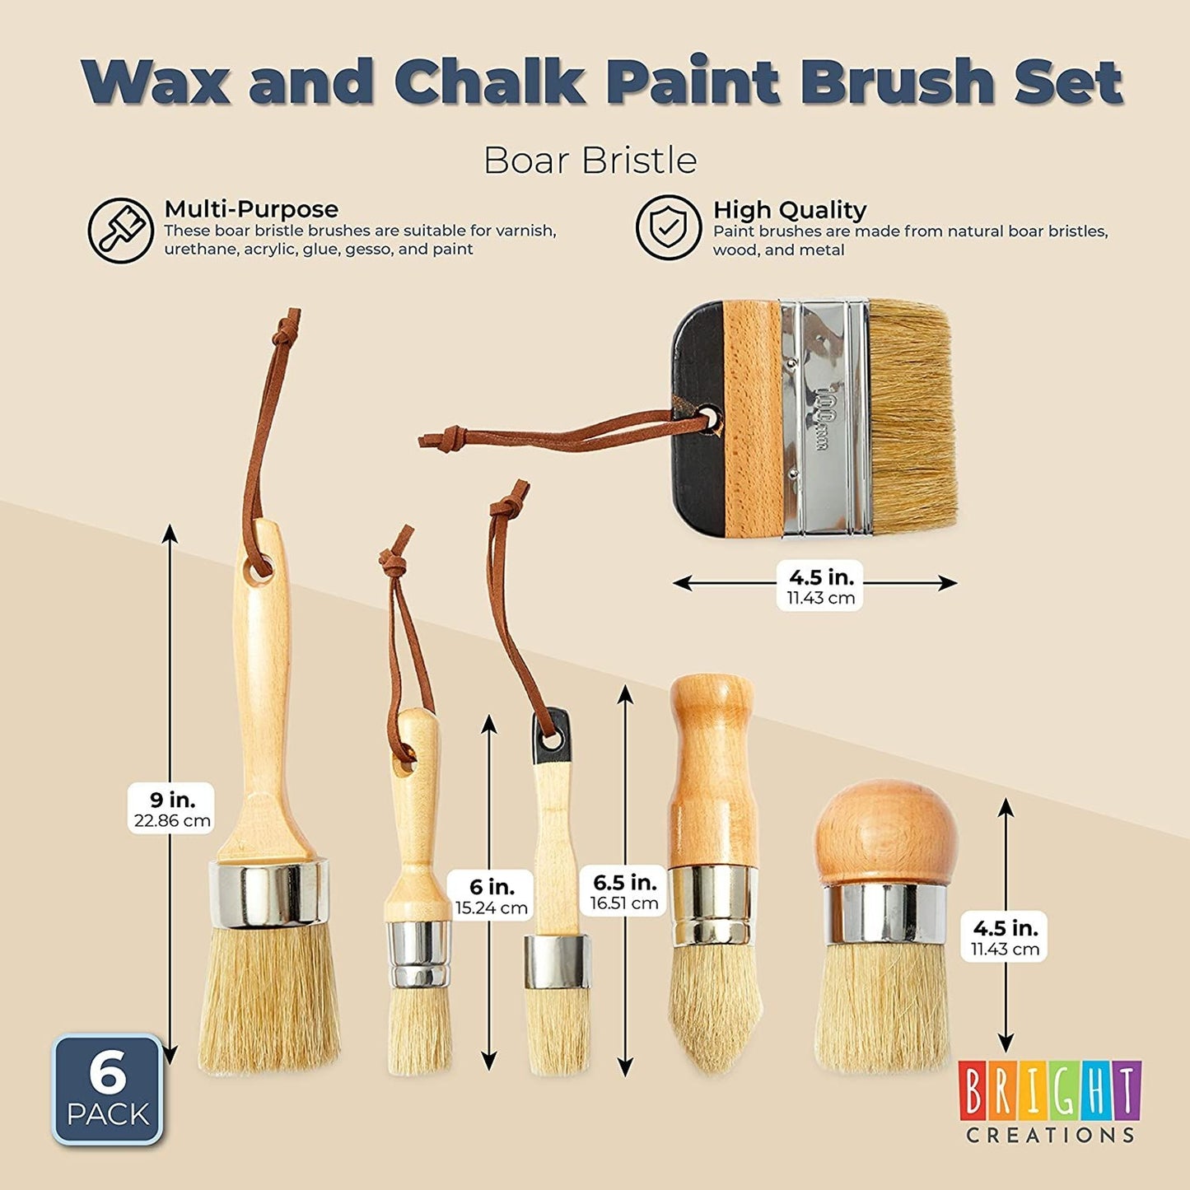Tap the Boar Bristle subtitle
pos(590,161)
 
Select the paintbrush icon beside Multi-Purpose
pos(120,231)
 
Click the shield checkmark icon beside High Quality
pos(668,227)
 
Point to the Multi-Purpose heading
pos(251,209)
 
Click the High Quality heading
pos(790,210)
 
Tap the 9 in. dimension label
pos(171,809)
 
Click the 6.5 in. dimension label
pos(623,891)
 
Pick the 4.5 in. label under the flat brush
pos(820,585)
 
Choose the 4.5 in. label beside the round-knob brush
pos(1005,936)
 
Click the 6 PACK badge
pos(108,1090)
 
